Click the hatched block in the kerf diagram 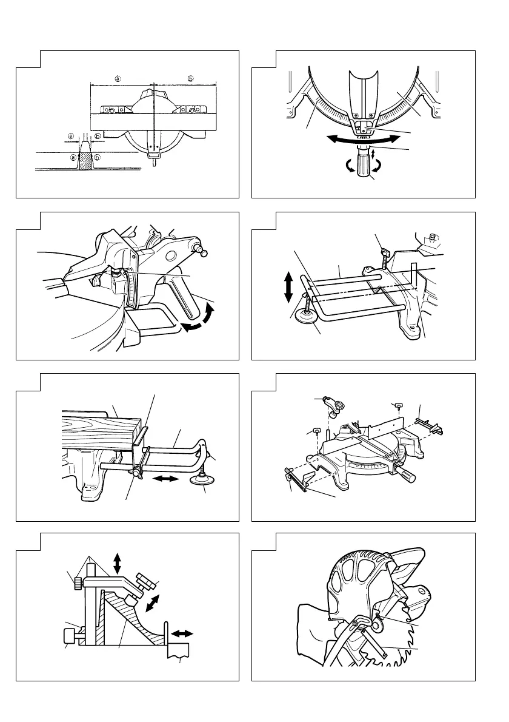[81, 161]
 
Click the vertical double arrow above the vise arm [117, 562]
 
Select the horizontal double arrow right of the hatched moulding [182, 633]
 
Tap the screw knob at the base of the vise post [70, 637]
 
